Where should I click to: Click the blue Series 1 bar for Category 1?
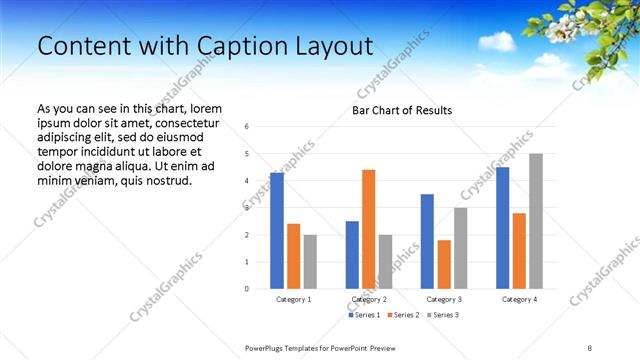click(277, 231)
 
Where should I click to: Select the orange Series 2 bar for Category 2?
click(368, 229)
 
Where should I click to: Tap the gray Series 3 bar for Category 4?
click(536, 221)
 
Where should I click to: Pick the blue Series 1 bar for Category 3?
click(427, 241)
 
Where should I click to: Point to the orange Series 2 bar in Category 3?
click(444, 264)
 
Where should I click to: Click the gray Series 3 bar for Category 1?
click(310, 262)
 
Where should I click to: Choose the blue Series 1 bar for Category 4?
click(502, 228)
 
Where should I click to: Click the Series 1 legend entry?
click(364, 315)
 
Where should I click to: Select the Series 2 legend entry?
click(404, 315)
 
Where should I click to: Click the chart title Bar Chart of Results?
click(401, 110)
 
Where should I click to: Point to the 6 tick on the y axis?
click(247, 126)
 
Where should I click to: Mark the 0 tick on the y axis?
click(247, 289)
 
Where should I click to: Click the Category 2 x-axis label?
click(369, 299)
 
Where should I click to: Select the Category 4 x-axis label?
click(519, 299)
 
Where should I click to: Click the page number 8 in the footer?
click(590, 348)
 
